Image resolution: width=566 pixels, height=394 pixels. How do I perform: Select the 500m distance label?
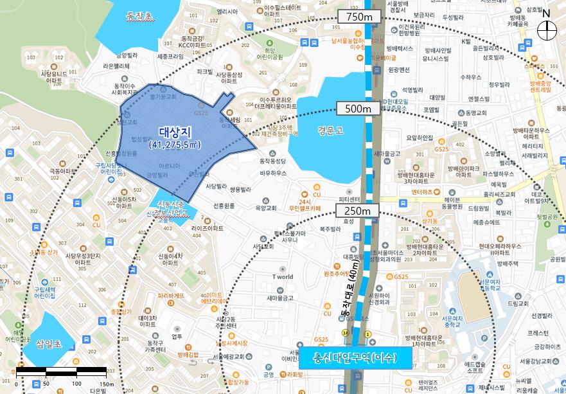pyautogui.click(x=358, y=108)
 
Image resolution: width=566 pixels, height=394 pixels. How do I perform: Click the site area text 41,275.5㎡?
pyautogui.click(x=175, y=146)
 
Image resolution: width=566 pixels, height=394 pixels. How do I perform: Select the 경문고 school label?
pyautogui.click(x=330, y=129)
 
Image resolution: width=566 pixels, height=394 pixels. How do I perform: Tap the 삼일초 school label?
pyautogui.click(x=48, y=345)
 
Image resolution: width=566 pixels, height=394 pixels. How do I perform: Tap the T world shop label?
pyautogui.click(x=283, y=277)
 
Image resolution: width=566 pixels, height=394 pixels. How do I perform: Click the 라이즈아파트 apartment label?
pyautogui.click(x=208, y=228)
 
